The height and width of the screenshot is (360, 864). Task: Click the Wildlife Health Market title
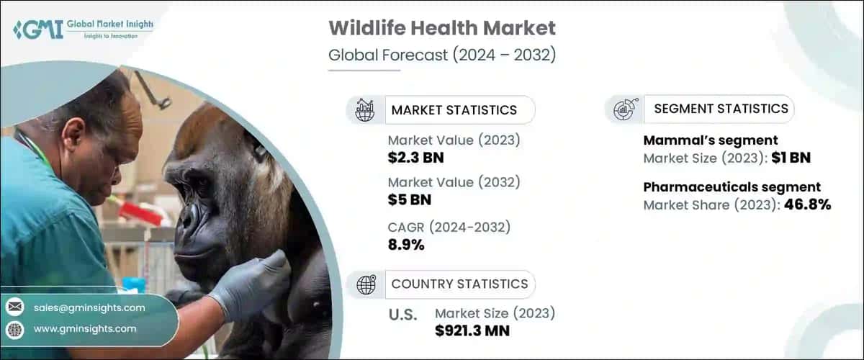click(x=441, y=29)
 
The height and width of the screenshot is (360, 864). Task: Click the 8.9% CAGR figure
click(x=406, y=245)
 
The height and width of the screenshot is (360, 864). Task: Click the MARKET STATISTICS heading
click(x=454, y=110)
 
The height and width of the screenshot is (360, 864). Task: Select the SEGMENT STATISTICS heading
click(x=721, y=109)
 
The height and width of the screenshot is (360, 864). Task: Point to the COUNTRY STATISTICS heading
click(x=459, y=284)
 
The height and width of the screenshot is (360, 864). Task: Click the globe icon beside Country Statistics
click(x=366, y=284)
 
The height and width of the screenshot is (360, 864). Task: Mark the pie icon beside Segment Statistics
click(x=623, y=109)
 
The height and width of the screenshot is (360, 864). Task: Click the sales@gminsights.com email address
click(x=89, y=307)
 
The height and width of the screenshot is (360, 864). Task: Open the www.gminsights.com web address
click(x=85, y=328)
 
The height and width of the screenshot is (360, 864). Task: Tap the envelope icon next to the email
click(x=14, y=307)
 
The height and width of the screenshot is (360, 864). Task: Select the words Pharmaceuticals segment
click(x=732, y=187)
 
